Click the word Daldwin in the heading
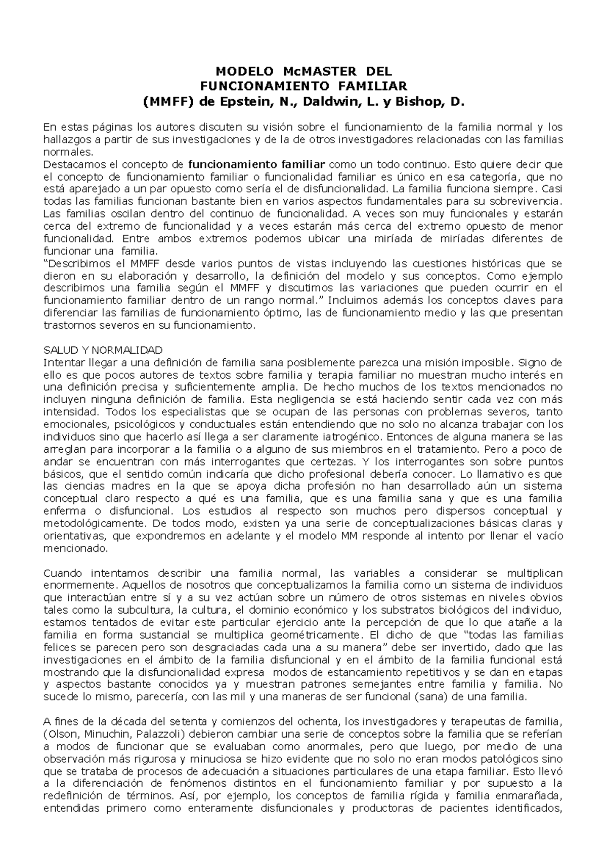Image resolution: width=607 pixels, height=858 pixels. (x=325, y=103)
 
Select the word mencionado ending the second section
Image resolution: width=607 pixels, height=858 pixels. (x=75, y=548)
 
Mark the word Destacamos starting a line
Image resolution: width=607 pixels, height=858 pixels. (x=71, y=164)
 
